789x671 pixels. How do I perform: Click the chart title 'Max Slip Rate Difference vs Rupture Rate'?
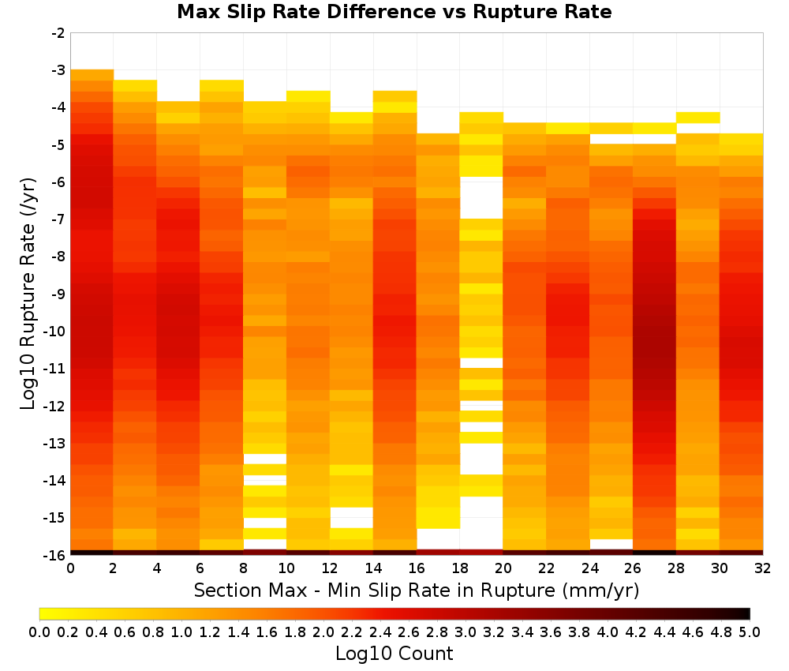pos(394,11)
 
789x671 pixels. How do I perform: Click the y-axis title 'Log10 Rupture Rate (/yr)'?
pos(28,294)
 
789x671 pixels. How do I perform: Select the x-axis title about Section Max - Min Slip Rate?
pos(416,590)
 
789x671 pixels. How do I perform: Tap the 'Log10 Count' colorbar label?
pos(394,654)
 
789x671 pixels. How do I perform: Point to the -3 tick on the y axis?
pos(58,70)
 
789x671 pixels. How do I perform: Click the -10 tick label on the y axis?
pos(55,332)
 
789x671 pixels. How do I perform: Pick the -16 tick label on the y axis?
pos(55,555)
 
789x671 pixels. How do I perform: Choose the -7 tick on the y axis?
pos(58,219)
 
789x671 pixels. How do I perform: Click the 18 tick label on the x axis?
pos(460,568)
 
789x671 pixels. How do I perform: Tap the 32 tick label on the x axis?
pos(762,568)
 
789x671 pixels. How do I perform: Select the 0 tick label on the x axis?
pos(70,568)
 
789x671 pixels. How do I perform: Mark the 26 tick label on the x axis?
pos(633,568)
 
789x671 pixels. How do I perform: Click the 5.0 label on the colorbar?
pos(750,632)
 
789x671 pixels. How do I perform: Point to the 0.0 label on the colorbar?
pos(39,632)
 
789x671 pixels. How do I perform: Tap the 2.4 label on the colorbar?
pos(380,632)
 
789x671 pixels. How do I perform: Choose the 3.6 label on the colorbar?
pos(551,632)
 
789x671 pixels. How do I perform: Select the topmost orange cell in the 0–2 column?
pos(92,75)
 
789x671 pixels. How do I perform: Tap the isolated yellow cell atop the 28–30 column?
pos(698,118)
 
